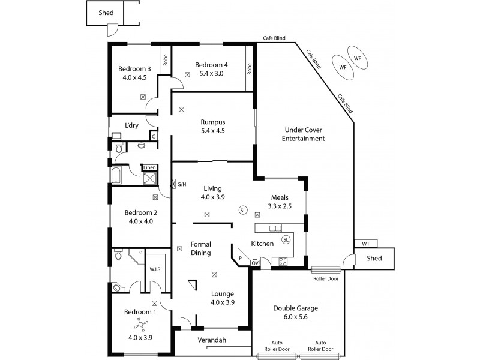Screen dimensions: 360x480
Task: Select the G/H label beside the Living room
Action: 181,184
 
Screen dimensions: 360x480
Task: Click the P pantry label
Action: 240,259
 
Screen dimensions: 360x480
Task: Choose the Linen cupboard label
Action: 149,168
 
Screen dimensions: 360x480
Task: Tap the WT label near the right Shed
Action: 365,244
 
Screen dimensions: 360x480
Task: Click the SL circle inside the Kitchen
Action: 286,239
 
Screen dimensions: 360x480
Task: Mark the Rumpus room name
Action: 212,122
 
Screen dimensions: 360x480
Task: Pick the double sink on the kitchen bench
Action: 275,228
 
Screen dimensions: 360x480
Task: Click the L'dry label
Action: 132,125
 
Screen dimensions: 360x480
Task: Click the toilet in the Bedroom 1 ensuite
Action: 118,256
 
